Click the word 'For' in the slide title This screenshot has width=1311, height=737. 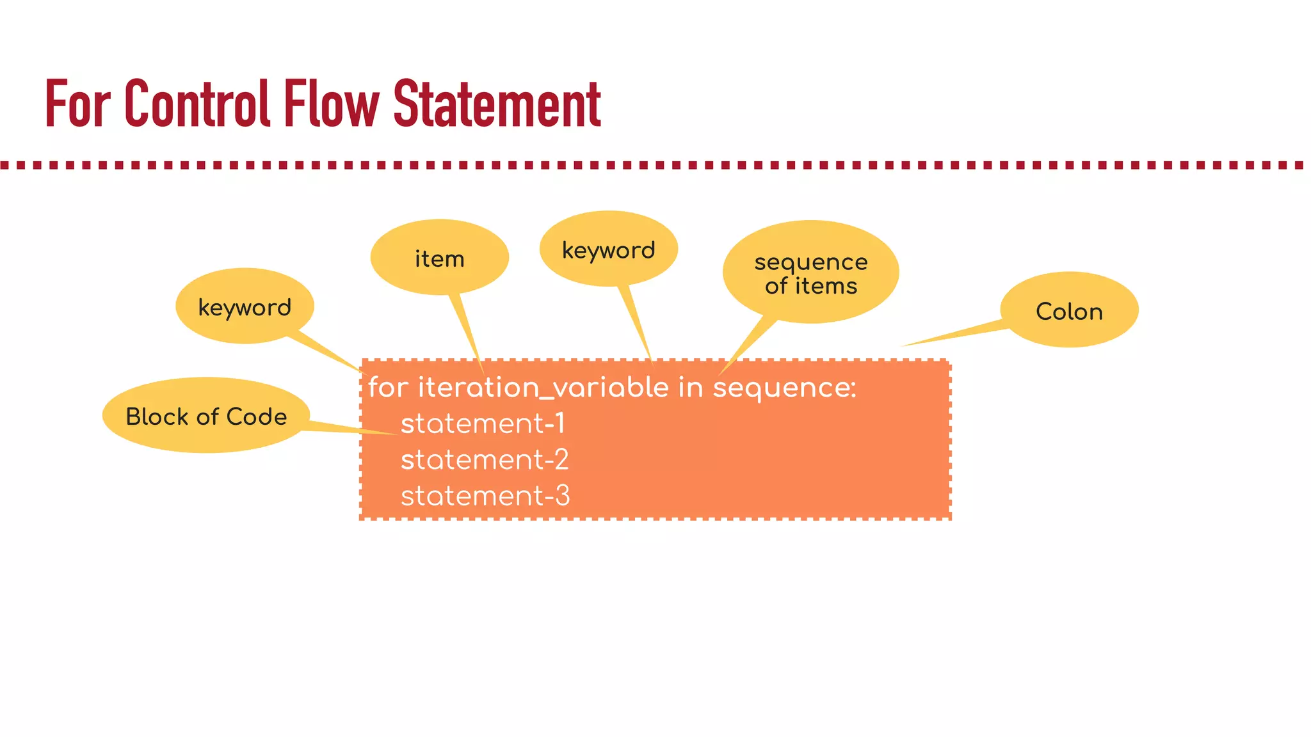click(77, 104)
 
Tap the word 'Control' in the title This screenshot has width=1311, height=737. click(197, 104)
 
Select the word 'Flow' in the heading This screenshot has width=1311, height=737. click(332, 104)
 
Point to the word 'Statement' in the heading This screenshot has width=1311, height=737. click(497, 104)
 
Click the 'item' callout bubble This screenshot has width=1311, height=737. click(439, 258)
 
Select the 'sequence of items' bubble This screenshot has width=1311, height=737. click(810, 273)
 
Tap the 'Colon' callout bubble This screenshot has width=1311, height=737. click(1069, 311)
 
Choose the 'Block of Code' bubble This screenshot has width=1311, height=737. click(206, 416)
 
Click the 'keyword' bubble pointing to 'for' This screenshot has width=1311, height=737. click(245, 307)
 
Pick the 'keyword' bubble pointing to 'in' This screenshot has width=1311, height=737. click(608, 250)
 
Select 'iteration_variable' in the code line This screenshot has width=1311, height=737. click(543, 388)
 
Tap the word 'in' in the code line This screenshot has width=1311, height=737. click(691, 388)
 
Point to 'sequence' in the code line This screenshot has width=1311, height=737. click(781, 388)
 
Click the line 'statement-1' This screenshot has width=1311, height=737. click(483, 424)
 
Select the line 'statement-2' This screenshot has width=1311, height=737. click(485, 459)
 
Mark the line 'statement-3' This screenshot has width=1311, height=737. click(485, 496)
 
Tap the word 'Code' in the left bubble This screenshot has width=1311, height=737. click(257, 416)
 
